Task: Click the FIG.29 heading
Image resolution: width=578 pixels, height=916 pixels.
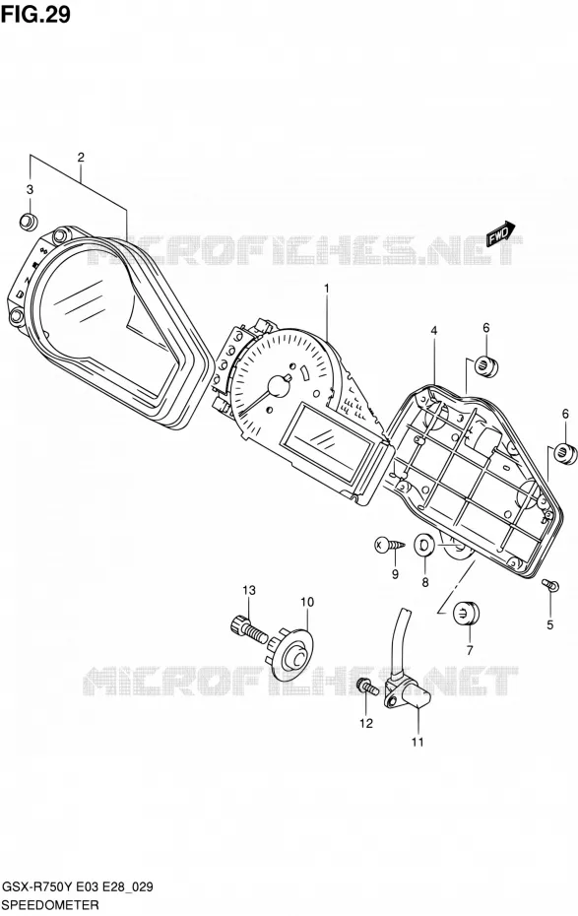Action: point(35,14)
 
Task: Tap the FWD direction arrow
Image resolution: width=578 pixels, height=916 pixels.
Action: point(501,233)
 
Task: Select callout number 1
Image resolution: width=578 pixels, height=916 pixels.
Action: point(326,288)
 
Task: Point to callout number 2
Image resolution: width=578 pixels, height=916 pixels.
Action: point(81,157)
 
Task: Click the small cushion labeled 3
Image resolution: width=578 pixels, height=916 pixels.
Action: point(28,222)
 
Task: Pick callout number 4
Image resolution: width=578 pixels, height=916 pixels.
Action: point(434,331)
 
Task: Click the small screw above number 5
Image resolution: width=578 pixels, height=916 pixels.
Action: point(550,584)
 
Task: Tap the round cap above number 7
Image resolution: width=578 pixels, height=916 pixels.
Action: point(466,614)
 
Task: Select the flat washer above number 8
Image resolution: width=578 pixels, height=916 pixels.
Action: point(424,546)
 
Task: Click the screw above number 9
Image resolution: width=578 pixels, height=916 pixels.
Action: point(389,545)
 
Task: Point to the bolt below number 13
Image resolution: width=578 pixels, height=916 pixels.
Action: point(247,629)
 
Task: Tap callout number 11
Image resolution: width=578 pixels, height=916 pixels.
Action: point(417,743)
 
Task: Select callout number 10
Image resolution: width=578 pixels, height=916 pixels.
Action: point(307,602)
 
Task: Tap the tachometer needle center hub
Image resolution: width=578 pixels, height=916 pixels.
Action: point(277,385)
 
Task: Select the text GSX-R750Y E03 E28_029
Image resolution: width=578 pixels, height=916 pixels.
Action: point(78,886)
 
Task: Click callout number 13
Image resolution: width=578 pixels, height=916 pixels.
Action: point(249,590)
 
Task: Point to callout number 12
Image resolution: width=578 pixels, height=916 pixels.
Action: point(365,723)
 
